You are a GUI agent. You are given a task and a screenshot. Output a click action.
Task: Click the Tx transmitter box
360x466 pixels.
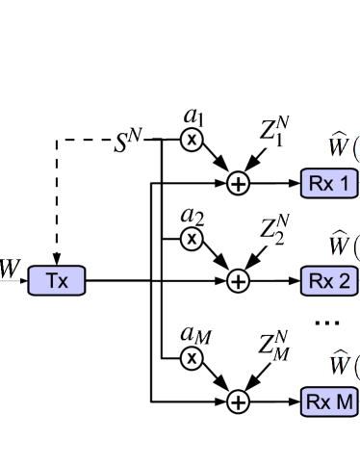tap(57, 281)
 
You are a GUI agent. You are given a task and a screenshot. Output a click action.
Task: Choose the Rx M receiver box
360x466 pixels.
tap(329, 401)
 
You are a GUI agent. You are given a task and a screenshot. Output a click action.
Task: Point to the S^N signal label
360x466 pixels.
tap(128, 141)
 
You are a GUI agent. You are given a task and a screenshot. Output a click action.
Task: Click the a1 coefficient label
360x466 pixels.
tap(193, 117)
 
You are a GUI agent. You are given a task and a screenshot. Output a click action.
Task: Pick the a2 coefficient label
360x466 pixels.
tap(191, 216)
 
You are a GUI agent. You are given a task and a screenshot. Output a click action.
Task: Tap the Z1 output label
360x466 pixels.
tap(274, 131)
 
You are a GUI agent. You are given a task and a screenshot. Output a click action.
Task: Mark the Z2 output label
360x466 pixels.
tap(274, 230)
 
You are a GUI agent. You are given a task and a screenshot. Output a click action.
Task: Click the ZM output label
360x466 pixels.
tap(274, 345)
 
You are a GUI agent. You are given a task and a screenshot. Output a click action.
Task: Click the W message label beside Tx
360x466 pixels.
tap(10, 269)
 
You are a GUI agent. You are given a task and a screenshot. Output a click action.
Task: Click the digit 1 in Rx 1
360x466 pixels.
tap(343, 183)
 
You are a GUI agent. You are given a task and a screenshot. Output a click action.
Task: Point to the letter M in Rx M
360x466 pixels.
tap(344, 401)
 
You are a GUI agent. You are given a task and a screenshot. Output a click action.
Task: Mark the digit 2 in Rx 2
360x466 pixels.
tap(343, 281)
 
